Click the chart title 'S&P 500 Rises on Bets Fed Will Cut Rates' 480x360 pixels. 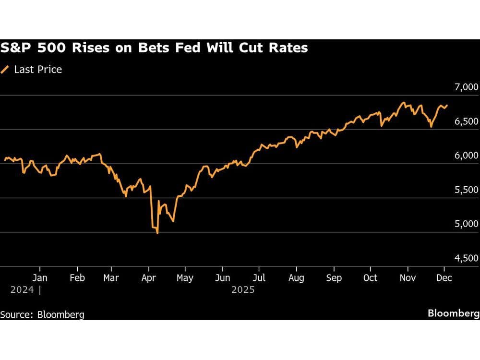tap(154, 48)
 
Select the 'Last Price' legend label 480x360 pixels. tap(38, 70)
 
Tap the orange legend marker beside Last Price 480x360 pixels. tap(6, 70)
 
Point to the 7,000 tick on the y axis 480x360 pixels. tap(466, 87)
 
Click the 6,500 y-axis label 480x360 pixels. tap(466, 121)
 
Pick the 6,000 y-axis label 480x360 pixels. tap(466, 156)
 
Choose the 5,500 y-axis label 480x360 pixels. tap(466, 190)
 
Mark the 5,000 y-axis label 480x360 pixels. tap(466, 224)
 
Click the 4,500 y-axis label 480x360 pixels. tap(466, 258)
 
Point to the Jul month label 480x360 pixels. tap(259, 278)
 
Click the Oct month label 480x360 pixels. tap(370, 278)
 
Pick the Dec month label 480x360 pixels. tap(444, 278)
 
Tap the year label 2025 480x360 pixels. tap(243, 290)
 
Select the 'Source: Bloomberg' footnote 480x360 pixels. tap(42, 314)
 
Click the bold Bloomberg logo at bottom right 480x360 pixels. tap(453, 313)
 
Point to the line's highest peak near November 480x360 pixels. tap(404, 103)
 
